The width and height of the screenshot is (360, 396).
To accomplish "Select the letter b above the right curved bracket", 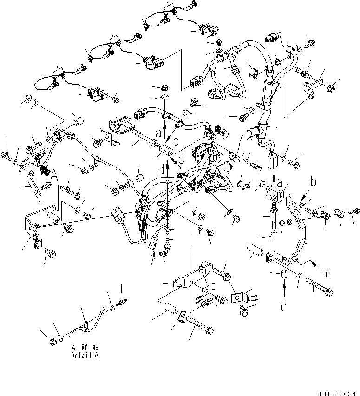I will coord(314,180).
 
